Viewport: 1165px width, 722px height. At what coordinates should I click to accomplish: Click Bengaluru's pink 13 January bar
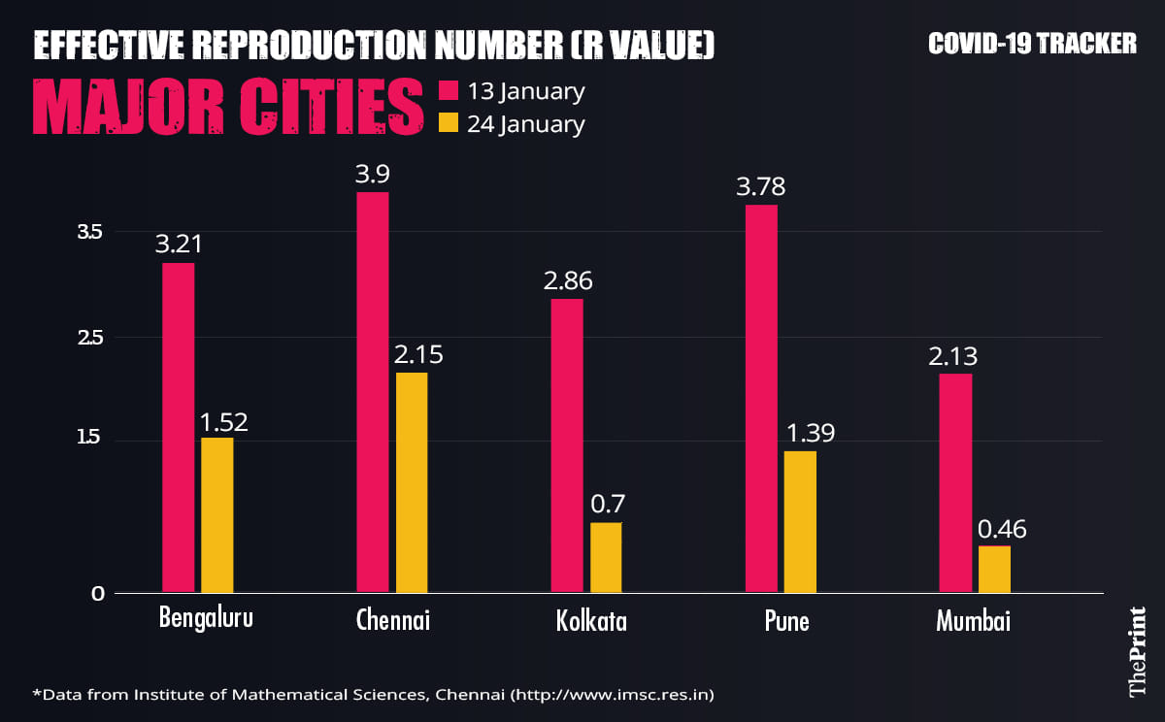tap(179, 427)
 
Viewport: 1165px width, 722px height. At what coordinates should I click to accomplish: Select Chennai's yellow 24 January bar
tap(412, 482)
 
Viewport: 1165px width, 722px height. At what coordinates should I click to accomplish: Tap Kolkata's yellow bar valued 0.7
tap(606, 557)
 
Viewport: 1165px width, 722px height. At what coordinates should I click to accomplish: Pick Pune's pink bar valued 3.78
tap(762, 398)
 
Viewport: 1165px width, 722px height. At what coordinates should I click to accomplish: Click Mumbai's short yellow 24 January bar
tap(994, 569)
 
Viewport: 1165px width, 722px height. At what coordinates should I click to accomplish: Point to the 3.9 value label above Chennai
tap(373, 175)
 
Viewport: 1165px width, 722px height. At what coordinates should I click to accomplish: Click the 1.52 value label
tap(223, 422)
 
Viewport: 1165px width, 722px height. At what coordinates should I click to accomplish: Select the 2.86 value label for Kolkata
tap(568, 281)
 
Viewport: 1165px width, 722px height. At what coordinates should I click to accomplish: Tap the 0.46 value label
tap(1002, 530)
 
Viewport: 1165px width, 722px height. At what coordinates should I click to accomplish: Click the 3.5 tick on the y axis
tap(90, 232)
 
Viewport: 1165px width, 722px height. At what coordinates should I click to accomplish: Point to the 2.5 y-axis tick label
tap(90, 338)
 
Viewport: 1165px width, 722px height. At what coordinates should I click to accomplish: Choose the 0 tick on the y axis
tap(97, 594)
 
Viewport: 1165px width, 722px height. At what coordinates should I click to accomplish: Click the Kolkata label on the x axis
tap(591, 621)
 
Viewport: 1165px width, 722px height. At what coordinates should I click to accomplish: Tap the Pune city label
tap(785, 621)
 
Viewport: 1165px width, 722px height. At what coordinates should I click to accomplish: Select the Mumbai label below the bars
tap(973, 621)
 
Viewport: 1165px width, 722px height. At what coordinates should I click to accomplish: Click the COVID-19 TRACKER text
tap(1032, 44)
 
